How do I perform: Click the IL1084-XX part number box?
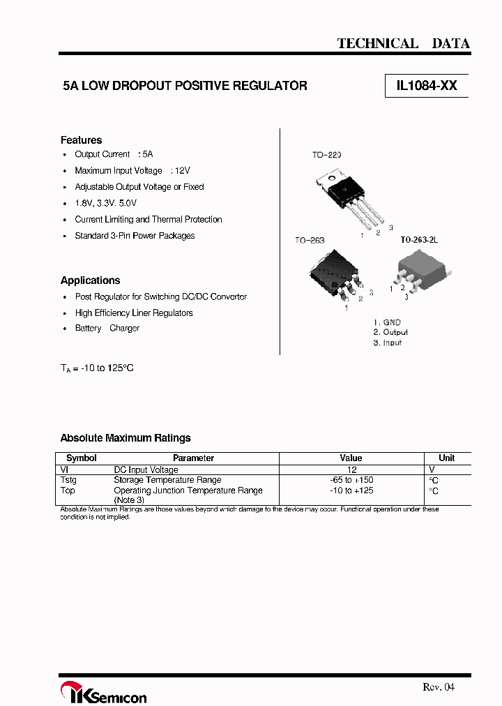click(427, 86)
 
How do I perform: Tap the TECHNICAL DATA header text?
click(403, 43)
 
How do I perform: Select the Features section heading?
click(81, 140)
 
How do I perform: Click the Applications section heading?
click(90, 280)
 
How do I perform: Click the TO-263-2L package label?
click(418, 240)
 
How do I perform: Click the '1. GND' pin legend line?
click(387, 322)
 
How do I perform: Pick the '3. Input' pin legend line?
click(387, 343)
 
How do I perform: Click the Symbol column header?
click(81, 458)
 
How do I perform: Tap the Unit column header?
click(447, 458)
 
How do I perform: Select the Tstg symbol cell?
click(68, 480)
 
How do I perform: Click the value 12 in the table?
click(352, 470)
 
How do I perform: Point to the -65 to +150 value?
click(351, 480)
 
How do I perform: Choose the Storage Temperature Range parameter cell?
click(167, 480)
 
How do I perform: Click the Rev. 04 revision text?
click(439, 687)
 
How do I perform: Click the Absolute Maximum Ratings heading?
click(125, 438)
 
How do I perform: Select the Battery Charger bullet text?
click(107, 329)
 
